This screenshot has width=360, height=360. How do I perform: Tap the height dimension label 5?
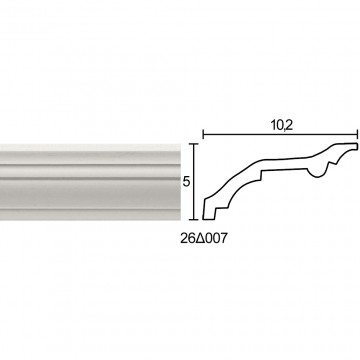186,182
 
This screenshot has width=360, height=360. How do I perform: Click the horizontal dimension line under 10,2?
280,135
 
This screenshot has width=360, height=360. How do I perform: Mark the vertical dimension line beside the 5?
194,182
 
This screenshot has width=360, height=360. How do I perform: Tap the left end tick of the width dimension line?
203,135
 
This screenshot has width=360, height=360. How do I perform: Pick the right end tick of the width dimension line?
358,135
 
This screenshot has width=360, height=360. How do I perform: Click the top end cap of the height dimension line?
194,144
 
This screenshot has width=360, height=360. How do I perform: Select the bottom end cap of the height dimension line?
194,220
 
